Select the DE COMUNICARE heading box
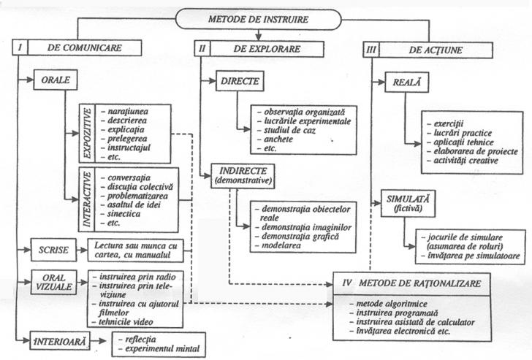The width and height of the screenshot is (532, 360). tap(83, 47)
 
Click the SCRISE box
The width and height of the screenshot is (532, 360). tap(53, 250)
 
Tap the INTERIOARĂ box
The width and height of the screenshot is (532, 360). tap(58, 339)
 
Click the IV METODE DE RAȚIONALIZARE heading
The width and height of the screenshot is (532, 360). tap(415, 280)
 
